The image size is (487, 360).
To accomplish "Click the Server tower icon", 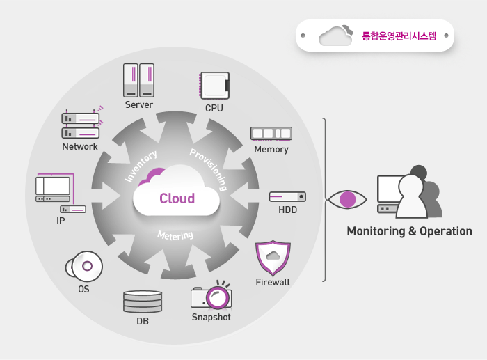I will [138, 80].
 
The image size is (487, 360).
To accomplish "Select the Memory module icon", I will [271, 134].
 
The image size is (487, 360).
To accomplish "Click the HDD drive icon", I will [287, 197].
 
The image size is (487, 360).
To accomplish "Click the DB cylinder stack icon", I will [143, 302].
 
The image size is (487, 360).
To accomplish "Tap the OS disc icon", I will [84, 267].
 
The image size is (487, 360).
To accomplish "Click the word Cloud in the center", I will [177, 198].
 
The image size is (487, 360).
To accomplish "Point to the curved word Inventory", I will [141, 166].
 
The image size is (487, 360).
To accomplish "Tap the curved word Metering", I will [175, 235].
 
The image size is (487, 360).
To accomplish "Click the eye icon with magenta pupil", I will [347, 199].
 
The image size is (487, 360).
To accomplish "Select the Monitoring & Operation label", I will [409, 231].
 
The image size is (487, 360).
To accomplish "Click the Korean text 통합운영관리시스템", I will [399, 36].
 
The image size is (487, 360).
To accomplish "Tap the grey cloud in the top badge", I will [335, 36].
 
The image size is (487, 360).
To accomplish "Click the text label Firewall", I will [273, 282].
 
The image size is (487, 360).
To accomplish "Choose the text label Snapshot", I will [211, 318].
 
